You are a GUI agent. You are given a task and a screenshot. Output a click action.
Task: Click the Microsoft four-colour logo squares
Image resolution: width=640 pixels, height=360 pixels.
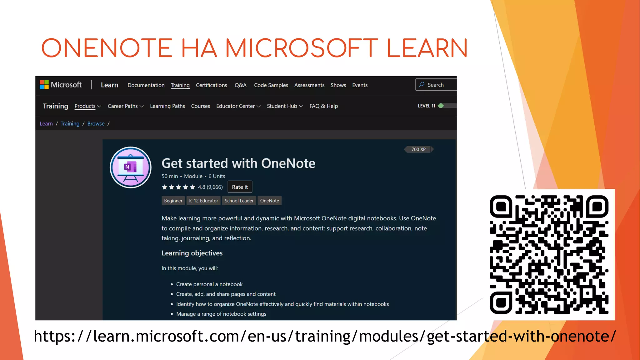pos(44,85)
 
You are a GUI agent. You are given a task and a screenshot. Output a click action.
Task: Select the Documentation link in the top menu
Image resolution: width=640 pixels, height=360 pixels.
pos(146,85)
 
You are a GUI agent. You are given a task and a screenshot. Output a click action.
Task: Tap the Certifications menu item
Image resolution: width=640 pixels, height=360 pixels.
pos(211,85)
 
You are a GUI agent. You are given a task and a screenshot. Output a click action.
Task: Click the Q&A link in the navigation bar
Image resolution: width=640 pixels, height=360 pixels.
pos(240,85)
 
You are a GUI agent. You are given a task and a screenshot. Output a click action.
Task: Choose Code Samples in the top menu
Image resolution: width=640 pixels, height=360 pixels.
pos(271,85)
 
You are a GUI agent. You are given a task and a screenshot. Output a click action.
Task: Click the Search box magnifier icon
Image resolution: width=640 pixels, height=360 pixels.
pos(422,85)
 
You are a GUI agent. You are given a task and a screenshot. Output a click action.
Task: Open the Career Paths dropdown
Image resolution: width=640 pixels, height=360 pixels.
pos(125,106)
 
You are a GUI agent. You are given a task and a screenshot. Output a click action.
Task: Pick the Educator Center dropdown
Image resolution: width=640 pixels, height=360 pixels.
pos(238,106)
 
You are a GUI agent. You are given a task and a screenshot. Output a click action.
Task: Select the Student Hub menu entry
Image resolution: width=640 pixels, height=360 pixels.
pos(285,106)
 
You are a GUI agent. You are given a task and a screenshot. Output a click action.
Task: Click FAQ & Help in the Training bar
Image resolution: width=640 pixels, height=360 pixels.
pos(323,106)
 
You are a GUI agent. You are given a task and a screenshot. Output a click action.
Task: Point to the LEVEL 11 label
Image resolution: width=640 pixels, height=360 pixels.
pos(426,106)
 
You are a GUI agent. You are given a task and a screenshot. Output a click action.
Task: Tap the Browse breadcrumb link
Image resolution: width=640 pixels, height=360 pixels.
pos(96,124)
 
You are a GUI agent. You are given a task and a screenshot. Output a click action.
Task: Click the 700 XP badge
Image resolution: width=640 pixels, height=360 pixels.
pos(418,149)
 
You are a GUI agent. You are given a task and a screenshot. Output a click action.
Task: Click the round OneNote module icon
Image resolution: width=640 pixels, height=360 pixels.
pos(131,167)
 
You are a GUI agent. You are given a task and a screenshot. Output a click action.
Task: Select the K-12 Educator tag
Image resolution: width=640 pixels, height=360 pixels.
pos(203,201)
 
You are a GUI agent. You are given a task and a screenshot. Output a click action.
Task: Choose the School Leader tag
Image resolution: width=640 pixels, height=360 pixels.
pos(239,201)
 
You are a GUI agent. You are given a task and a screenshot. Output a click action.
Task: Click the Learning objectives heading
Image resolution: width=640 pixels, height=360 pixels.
pos(192,253)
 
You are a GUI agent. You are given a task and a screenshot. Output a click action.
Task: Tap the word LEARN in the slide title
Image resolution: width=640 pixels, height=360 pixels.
pos(427,48)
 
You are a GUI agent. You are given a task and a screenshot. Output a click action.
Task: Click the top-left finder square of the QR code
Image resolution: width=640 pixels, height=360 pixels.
pos(501,207)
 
